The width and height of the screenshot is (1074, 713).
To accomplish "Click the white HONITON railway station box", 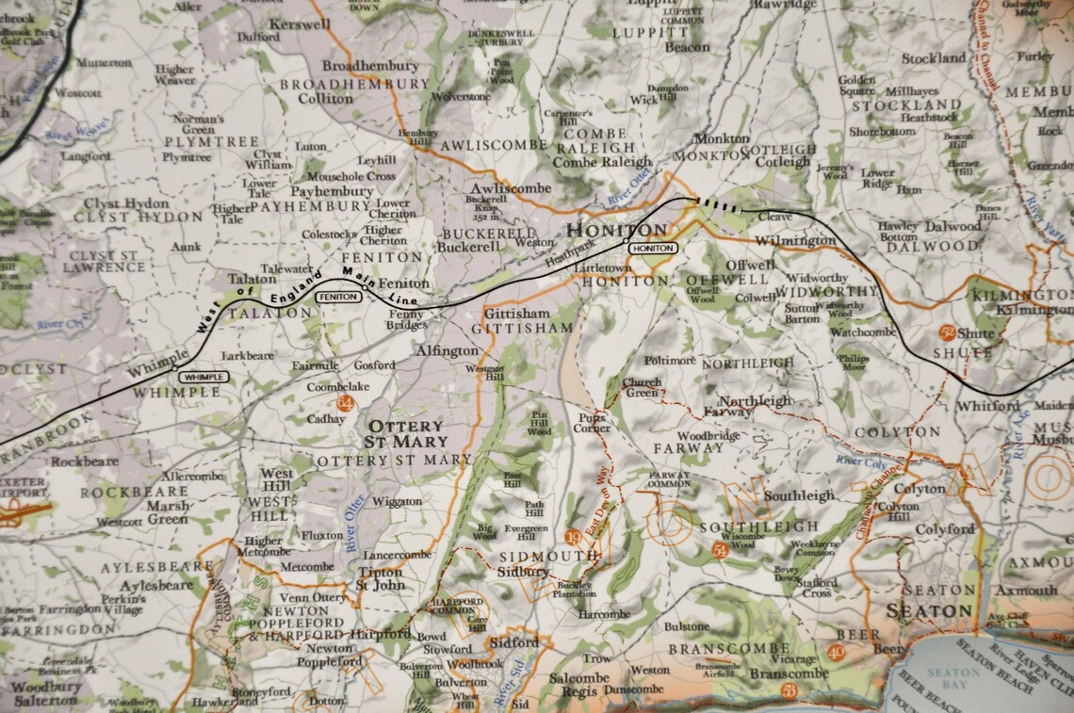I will click(x=653, y=248).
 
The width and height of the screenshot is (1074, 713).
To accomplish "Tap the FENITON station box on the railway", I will click(x=338, y=297).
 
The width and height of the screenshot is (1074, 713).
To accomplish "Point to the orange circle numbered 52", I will click(x=947, y=332).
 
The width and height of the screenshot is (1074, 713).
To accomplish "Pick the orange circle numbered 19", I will click(x=573, y=537).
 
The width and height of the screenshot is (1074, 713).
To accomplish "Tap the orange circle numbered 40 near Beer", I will click(x=836, y=653).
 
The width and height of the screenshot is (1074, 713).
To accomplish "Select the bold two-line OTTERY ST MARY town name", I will click(x=407, y=433).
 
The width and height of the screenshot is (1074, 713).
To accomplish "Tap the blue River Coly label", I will click(x=860, y=462).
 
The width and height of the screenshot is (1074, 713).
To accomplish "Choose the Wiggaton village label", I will click(x=397, y=502).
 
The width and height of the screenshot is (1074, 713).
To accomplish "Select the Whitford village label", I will click(x=987, y=406).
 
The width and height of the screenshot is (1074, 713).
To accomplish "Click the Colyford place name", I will click(x=945, y=529).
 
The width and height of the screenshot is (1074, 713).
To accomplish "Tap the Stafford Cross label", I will click(x=816, y=588).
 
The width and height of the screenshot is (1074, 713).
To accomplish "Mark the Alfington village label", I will click(x=447, y=350).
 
